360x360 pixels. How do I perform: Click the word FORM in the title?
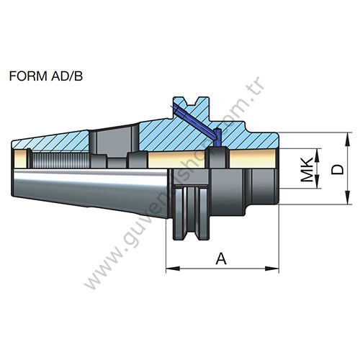[27, 74]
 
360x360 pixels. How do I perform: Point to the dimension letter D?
[336, 168]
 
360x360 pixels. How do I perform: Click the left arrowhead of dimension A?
[170, 269]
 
